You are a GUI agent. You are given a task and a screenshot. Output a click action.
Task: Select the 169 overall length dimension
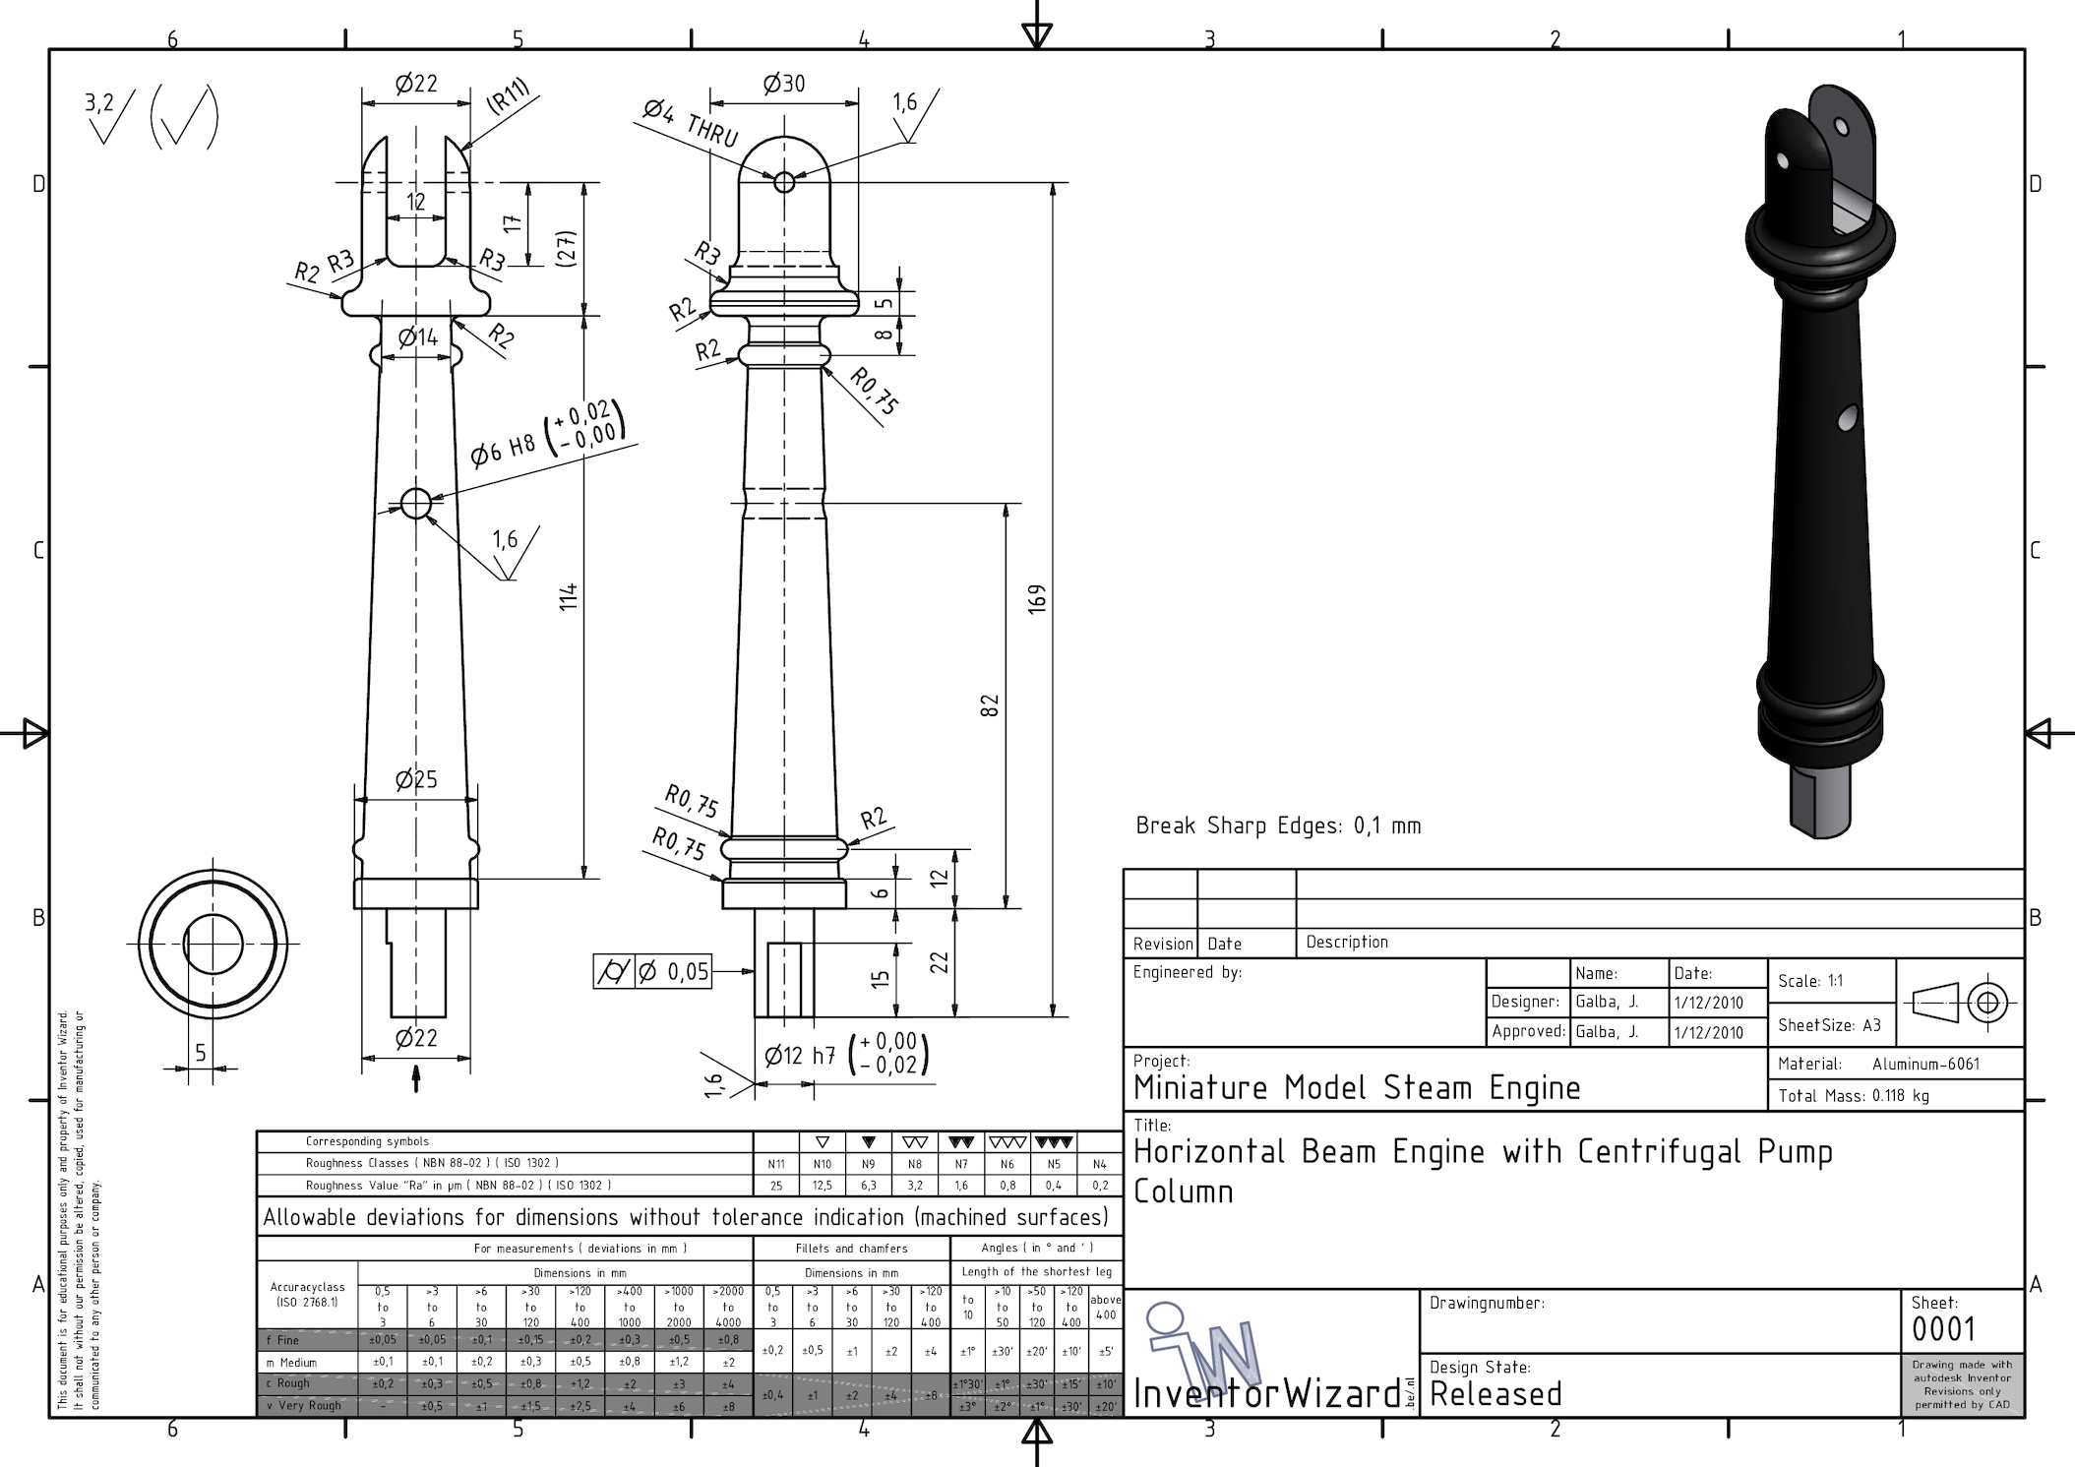point(1037,599)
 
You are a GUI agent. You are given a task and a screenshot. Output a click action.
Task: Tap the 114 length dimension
point(569,596)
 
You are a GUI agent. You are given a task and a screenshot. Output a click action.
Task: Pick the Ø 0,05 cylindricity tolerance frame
point(652,972)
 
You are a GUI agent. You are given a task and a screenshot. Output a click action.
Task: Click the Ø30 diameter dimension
point(783,85)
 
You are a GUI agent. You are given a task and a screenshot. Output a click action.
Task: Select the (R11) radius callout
point(508,97)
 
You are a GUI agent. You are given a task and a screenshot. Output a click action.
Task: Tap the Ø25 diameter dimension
point(416,780)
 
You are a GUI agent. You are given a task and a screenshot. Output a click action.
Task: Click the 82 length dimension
point(990,705)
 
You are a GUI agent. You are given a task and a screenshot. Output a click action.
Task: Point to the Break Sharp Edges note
point(1277,825)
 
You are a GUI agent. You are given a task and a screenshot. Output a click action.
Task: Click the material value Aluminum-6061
point(1925,1064)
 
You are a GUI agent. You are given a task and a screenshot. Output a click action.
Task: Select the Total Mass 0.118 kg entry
point(1853,1096)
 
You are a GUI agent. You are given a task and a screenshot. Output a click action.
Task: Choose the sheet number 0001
point(1943,1330)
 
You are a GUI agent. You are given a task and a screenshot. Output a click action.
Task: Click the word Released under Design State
point(1495,1394)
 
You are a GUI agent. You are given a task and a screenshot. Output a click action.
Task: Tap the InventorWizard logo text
point(1267,1393)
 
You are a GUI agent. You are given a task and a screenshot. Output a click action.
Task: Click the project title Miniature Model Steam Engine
point(1357,1088)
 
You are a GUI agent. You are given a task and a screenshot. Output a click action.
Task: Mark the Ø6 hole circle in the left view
point(416,503)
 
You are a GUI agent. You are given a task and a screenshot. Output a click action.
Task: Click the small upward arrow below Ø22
point(416,1078)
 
